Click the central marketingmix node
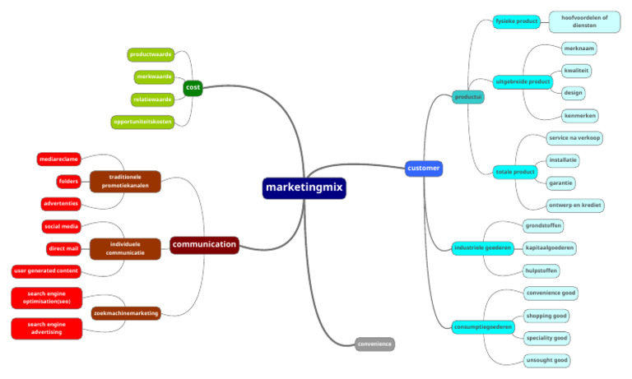304,188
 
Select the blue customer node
424,169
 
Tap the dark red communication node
204,244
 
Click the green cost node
193,87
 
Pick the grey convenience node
375,344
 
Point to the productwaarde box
151,55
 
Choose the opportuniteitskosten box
143,122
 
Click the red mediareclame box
58,159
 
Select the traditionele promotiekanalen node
124,181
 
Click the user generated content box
45,270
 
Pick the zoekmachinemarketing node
125,312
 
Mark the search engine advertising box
47,329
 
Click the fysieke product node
516,21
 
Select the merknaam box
580,49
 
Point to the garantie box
562,183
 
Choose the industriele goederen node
482,247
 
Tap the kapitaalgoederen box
551,247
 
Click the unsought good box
547,360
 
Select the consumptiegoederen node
483,326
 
